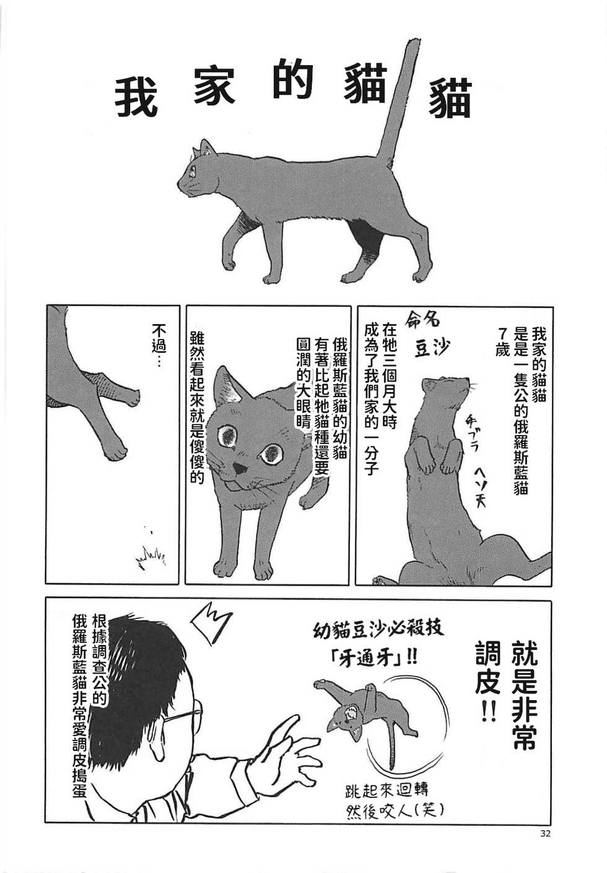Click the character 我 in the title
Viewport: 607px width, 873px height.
coord(136,98)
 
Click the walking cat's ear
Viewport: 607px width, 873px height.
coord(206,147)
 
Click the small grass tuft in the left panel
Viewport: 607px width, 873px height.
coord(151,555)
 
